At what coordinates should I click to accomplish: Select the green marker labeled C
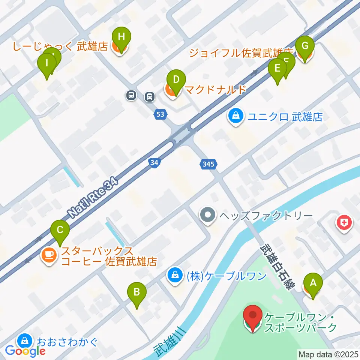pyautogui.click(x=60, y=230)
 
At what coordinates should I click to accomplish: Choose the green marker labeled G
pyautogui.click(x=305, y=47)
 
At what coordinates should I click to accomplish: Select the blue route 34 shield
pyautogui.click(x=153, y=162)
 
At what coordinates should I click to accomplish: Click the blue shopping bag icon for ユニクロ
pyautogui.click(x=235, y=117)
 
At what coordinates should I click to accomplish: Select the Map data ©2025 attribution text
pyautogui.click(x=328, y=354)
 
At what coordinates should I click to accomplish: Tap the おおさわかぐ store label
pyautogui.click(x=67, y=342)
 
